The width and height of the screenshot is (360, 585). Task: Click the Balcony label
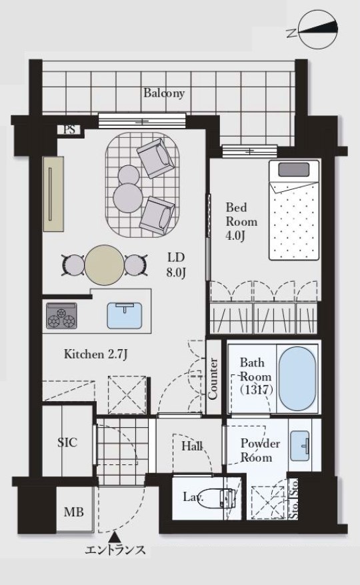pyautogui.click(x=164, y=93)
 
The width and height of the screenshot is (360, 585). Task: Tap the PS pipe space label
pyautogui.click(x=69, y=129)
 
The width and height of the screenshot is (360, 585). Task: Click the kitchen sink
pyautogui.click(x=125, y=315)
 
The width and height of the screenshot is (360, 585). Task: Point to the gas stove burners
pyautogui.click(x=61, y=316)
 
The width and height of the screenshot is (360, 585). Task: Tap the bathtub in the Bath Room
pyautogui.click(x=297, y=379)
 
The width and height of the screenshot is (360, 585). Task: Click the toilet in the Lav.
pyautogui.click(x=215, y=498)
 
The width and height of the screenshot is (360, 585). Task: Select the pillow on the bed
pyautogui.click(x=294, y=170)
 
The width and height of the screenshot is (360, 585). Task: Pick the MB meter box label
pyautogui.click(x=73, y=512)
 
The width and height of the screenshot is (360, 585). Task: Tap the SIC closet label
pyautogui.click(x=67, y=442)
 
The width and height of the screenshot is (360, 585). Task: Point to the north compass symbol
pyautogui.click(x=319, y=30)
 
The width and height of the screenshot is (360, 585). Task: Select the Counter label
pyautogui.click(x=213, y=378)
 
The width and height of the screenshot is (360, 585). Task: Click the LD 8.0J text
pyautogui.click(x=176, y=265)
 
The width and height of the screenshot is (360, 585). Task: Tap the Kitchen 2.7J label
pyautogui.click(x=96, y=354)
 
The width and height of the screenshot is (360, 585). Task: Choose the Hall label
pyautogui.click(x=192, y=446)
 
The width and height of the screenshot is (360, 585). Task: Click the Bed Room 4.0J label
pyautogui.click(x=241, y=221)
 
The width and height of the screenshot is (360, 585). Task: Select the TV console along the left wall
pyautogui.click(x=53, y=194)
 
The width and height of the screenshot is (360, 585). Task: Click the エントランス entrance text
pyautogui.click(x=115, y=550)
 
